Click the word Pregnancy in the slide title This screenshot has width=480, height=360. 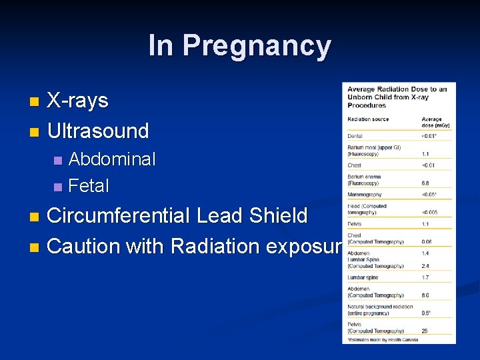[x=257, y=46]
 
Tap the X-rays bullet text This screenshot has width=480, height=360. [x=78, y=101]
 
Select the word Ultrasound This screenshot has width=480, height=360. [x=98, y=131]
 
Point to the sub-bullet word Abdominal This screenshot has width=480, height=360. [x=112, y=159]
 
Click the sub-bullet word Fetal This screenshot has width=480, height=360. [x=89, y=185]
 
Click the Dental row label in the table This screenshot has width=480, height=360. [x=355, y=137]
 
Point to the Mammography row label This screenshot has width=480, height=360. [x=364, y=195]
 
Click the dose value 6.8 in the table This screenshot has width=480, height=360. [x=426, y=183]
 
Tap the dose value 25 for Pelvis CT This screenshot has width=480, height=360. [x=425, y=331]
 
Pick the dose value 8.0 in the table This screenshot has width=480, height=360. [x=426, y=295]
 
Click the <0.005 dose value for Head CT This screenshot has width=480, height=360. [x=430, y=212]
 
